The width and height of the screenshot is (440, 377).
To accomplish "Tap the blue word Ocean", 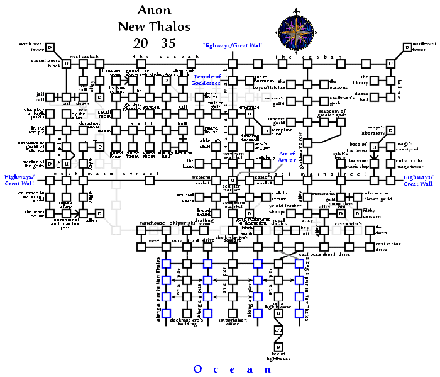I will click(x=233, y=369).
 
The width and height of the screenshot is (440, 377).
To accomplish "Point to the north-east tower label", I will click(x=424, y=47).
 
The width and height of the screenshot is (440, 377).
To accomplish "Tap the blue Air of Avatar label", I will click(x=287, y=157).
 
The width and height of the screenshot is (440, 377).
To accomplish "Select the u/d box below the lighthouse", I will click(x=278, y=329).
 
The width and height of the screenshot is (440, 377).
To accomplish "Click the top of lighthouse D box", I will click(x=278, y=347).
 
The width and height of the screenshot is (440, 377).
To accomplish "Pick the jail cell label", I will click(x=40, y=97).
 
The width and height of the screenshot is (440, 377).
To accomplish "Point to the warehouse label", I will click(x=151, y=223).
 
